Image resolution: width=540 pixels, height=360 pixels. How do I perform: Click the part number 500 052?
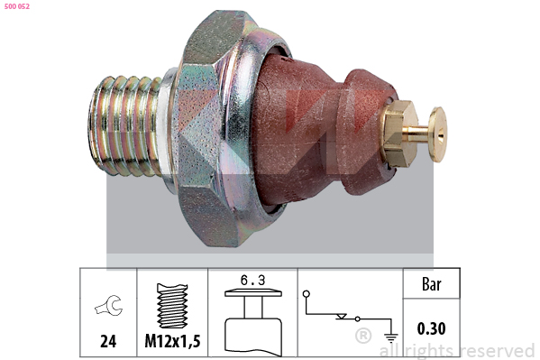(x=17, y=6)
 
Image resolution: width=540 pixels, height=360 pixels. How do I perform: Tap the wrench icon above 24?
(x=109, y=306)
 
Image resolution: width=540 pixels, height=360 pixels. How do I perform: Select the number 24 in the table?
(x=108, y=341)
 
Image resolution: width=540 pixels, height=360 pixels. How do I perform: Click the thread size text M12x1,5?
(x=172, y=341)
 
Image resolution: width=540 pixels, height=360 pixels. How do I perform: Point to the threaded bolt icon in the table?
(x=172, y=306)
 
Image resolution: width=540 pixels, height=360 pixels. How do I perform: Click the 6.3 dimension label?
(x=253, y=280)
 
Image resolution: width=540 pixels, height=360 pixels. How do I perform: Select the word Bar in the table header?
(x=432, y=284)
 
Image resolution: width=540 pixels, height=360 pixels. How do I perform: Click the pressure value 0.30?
(x=432, y=328)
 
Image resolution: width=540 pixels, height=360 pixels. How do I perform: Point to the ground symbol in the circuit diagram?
(x=391, y=337)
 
